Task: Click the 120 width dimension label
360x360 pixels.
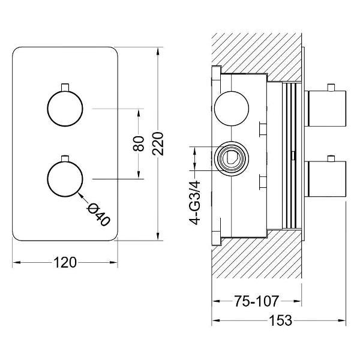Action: [65, 262]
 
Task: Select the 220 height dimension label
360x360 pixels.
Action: [158, 144]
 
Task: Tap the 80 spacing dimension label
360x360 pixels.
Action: [139, 144]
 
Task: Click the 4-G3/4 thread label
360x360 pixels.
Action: [194, 203]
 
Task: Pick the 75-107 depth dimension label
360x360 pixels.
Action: [256, 301]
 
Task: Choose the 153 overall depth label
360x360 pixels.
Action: [281, 320]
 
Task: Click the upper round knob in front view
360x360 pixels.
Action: [65, 109]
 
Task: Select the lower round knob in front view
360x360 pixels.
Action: [65, 179]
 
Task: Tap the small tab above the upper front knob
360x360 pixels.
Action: [65, 87]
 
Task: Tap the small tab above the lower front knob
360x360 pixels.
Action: [65, 158]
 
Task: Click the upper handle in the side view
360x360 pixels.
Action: [325, 109]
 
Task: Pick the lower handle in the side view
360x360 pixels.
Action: [325, 179]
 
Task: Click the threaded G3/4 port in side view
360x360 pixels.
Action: [232, 158]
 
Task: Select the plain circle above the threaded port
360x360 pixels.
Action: [232, 109]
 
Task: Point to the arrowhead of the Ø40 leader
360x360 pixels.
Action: [80, 194]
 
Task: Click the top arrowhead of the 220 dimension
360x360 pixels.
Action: [158, 51]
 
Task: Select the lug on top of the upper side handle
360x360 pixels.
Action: [331, 88]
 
